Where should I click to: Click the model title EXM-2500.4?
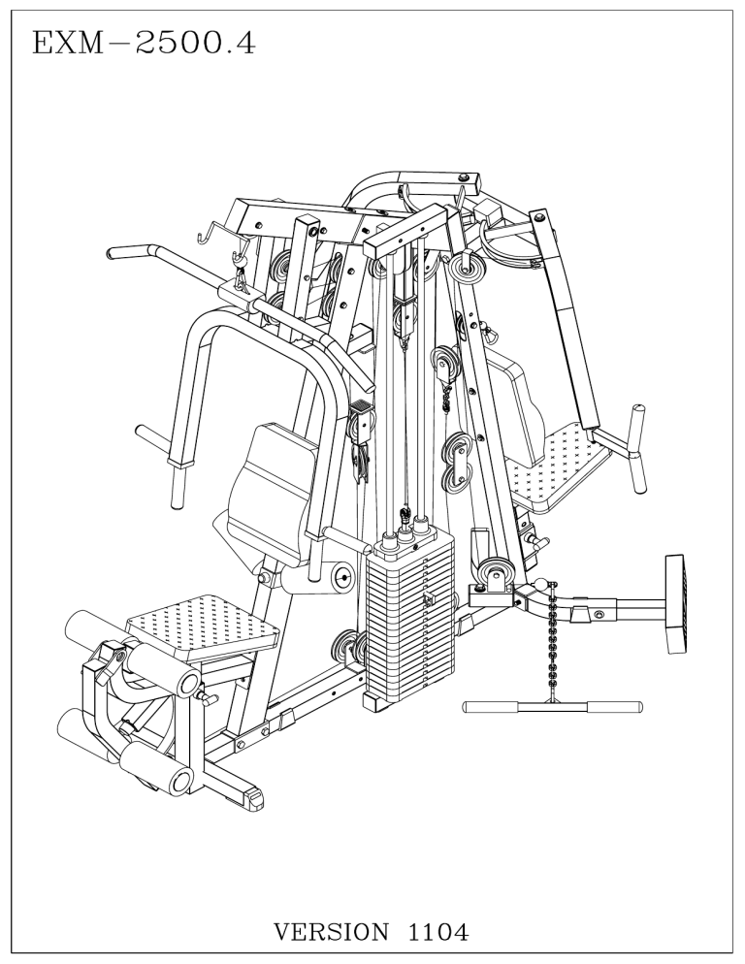[144, 44]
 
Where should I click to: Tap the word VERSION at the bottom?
[331, 931]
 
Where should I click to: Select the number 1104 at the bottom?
[438, 931]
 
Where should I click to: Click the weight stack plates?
[409, 621]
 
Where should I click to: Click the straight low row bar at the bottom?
[552, 706]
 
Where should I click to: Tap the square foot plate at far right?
[676, 604]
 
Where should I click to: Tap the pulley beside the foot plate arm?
[496, 575]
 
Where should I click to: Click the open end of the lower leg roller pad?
[181, 782]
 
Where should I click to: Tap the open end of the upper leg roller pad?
[187, 684]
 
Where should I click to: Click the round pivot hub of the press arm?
[341, 576]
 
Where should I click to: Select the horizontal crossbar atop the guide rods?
[404, 231]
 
